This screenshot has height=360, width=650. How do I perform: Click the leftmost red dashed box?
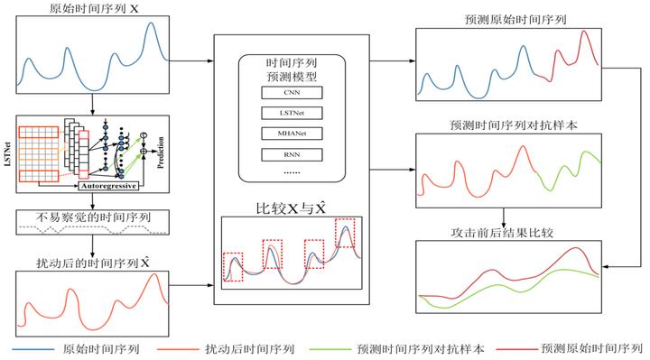(x=232, y=267)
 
